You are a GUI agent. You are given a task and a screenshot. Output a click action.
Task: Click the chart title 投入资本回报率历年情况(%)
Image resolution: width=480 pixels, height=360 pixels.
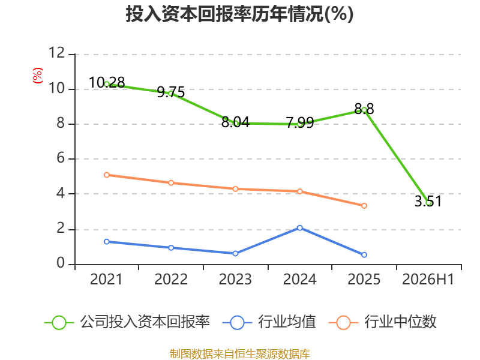tap(239, 14)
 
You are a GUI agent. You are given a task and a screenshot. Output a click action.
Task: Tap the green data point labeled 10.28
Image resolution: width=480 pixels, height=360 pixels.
tap(107, 84)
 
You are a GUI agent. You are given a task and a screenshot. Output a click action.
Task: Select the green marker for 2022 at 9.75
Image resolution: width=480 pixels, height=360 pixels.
tap(171, 94)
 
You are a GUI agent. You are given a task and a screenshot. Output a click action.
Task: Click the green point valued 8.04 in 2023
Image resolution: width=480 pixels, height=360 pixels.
tap(235, 124)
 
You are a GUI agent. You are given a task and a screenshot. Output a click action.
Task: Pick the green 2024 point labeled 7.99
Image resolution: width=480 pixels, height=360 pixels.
tap(299, 124)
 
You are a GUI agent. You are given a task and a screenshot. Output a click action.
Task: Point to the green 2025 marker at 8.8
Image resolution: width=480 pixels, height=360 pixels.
tap(364, 110)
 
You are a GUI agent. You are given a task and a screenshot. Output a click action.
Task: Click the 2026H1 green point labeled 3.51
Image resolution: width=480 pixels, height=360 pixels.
tap(428, 203)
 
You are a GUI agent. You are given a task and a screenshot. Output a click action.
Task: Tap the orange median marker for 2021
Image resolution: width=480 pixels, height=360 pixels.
tap(107, 175)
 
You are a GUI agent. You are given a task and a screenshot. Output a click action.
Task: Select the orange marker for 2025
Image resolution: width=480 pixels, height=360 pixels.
tap(364, 206)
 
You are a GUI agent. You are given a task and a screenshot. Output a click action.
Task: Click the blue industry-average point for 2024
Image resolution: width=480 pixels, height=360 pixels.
tap(299, 228)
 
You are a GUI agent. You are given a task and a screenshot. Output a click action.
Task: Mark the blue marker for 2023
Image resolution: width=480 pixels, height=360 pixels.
tap(235, 253)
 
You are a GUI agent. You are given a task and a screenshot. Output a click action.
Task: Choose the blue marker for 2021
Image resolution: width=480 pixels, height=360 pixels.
tap(107, 242)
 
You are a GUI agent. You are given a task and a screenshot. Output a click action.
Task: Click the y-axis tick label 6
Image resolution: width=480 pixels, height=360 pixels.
tap(61, 158)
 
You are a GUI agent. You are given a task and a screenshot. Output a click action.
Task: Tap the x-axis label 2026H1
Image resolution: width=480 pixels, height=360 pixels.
tap(428, 280)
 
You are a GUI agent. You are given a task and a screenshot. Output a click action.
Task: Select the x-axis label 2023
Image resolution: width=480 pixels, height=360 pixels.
tap(235, 280)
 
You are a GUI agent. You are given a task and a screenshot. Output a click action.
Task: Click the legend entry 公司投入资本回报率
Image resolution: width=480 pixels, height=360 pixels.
tap(127, 322)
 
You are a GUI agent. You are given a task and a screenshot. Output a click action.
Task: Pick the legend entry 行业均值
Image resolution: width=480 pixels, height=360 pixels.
tap(269, 322)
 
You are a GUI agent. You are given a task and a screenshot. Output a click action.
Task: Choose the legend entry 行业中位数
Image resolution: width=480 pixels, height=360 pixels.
tap(382, 322)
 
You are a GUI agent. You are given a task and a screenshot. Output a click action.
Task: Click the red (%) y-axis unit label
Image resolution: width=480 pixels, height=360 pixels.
tap(38, 76)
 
